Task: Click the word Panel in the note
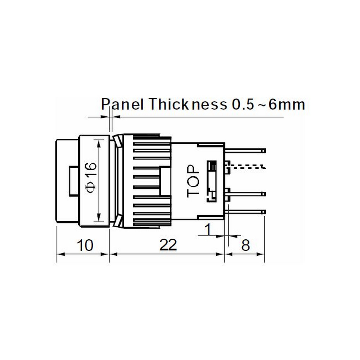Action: (122, 104)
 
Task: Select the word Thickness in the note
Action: (188, 104)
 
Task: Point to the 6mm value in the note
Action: (287, 105)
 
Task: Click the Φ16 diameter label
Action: (91, 177)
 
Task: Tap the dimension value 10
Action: (85, 245)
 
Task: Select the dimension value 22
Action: (168, 245)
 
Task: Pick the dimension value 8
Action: (246, 245)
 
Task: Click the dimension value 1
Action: (208, 229)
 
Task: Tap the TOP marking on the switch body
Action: (193, 181)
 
